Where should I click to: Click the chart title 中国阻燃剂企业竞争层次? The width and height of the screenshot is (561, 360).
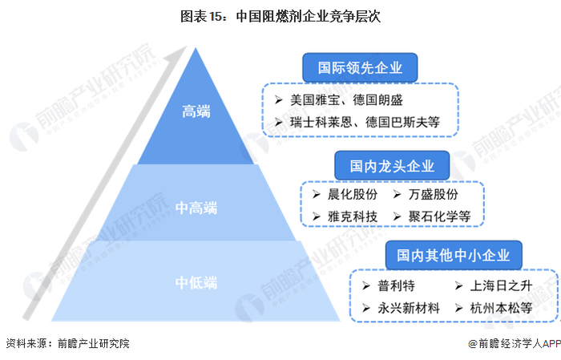[x=280, y=14]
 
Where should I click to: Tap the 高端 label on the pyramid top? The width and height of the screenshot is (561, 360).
[x=196, y=112]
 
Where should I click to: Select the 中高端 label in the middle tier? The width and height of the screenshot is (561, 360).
[x=196, y=208]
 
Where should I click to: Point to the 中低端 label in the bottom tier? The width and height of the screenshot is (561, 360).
[x=196, y=282]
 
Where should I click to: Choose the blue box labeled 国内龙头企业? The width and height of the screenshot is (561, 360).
[x=393, y=166]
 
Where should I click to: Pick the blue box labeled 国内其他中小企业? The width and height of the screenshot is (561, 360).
[x=453, y=254]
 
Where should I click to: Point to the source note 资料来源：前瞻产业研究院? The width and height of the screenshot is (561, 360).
[x=67, y=343]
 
